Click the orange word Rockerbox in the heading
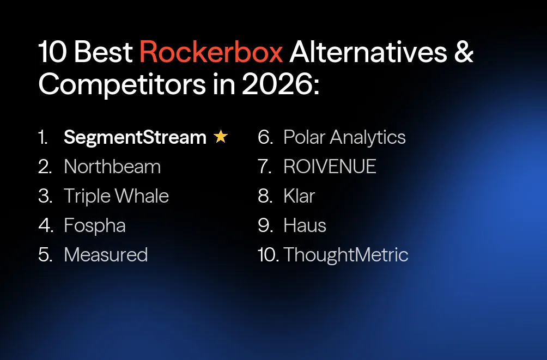(211, 52)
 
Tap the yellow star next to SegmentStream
(221, 137)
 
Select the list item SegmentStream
(135, 138)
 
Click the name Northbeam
(112, 167)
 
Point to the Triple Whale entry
(116, 196)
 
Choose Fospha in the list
(95, 225)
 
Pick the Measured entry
(106, 254)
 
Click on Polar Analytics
(344, 138)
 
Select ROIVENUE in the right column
(330, 167)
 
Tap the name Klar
(299, 196)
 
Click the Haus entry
(305, 225)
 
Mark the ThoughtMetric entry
(345, 254)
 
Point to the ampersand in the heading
(463, 52)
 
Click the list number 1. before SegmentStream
(44, 138)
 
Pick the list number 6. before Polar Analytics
(265, 138)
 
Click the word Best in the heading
(104, 52)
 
